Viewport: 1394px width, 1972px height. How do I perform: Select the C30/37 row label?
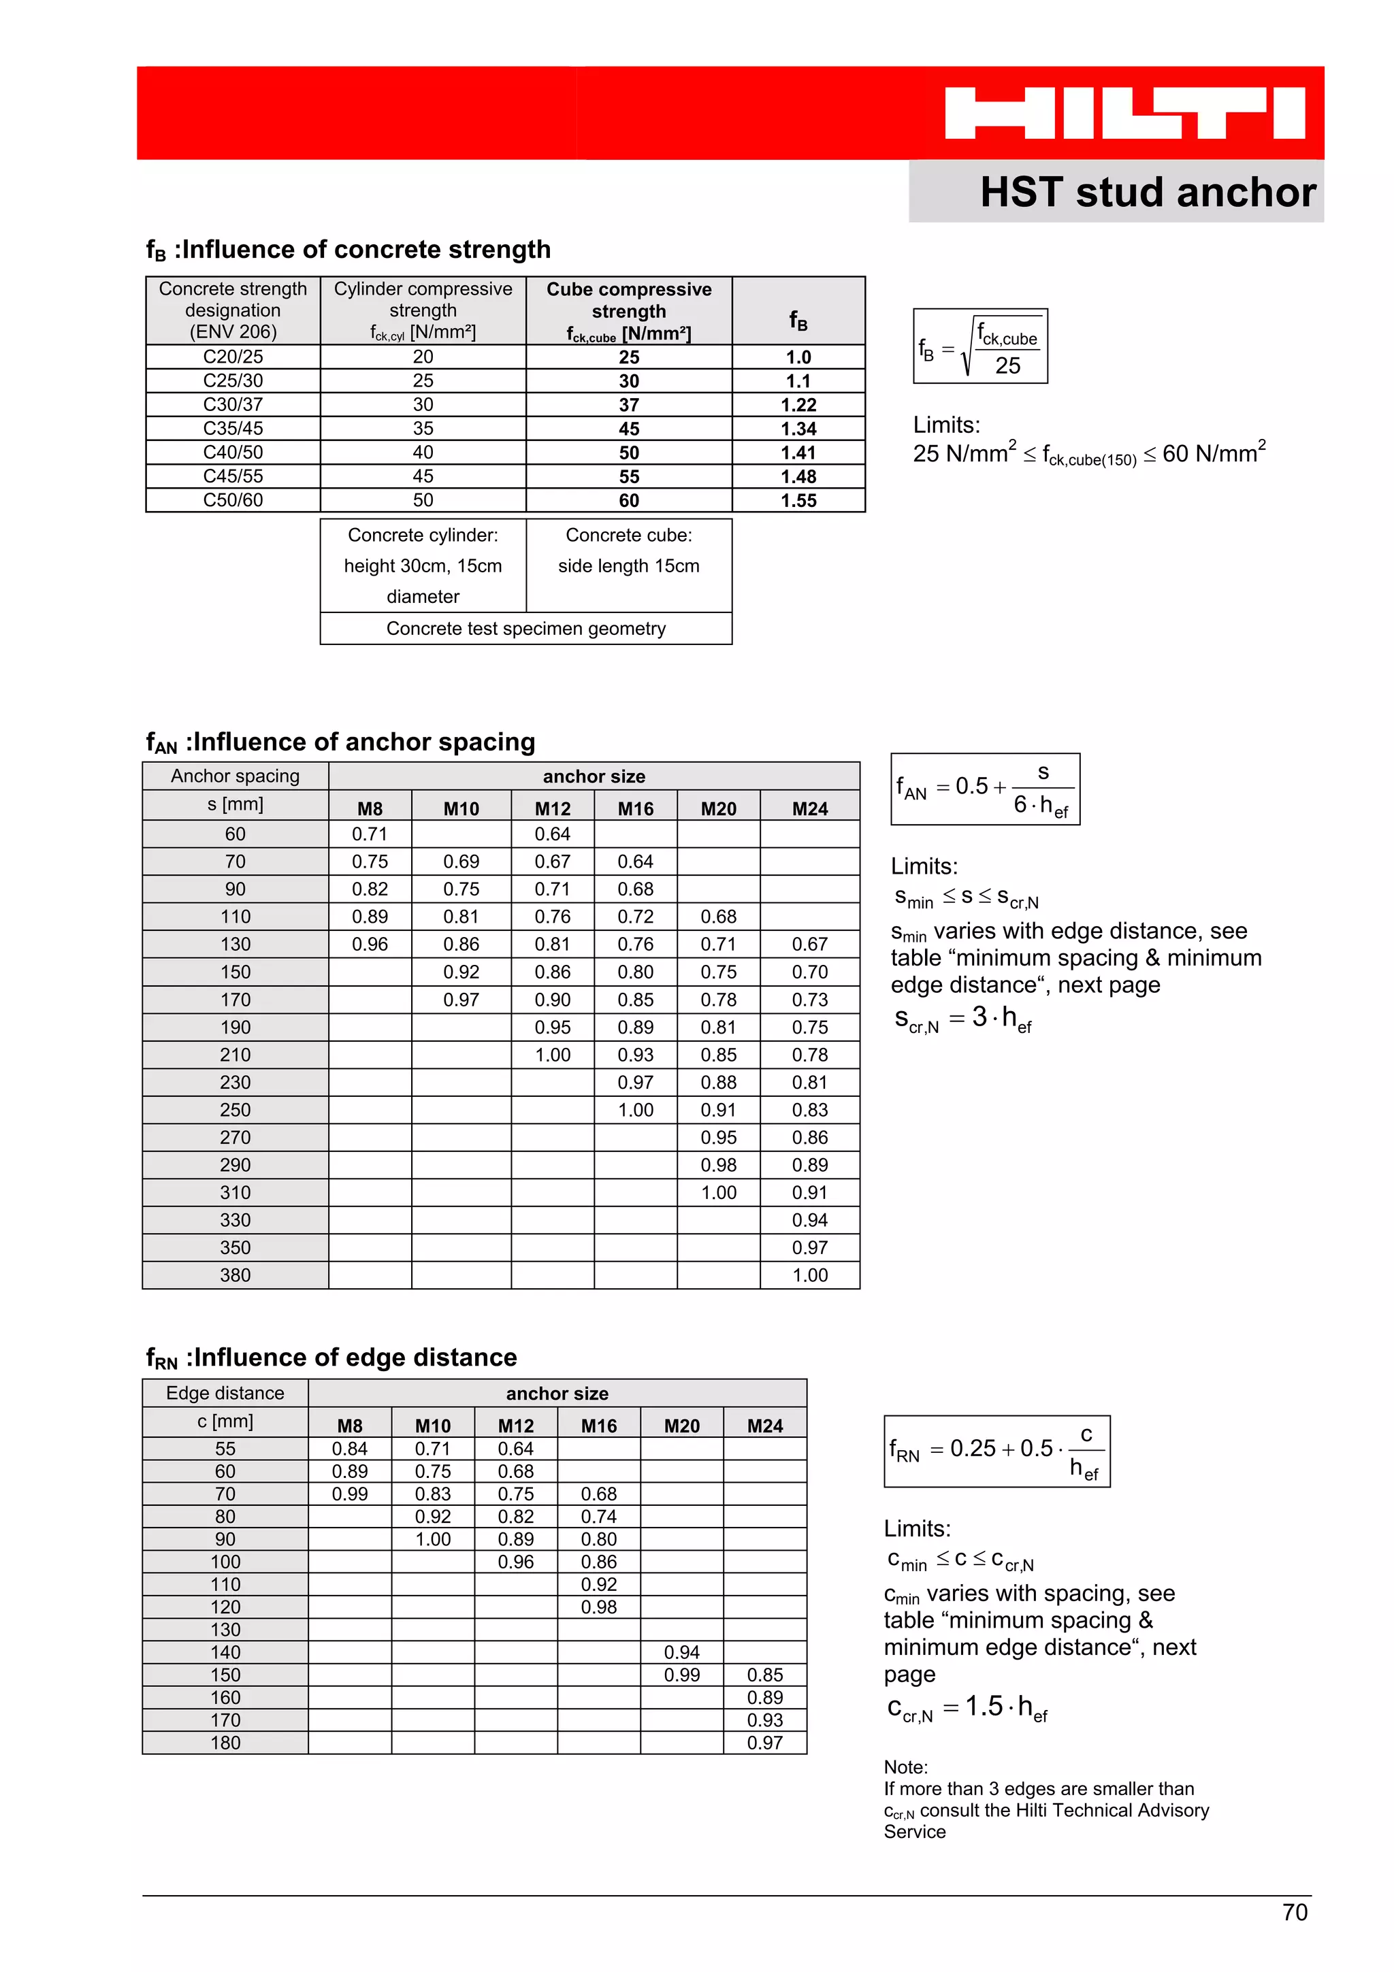coord(233,404)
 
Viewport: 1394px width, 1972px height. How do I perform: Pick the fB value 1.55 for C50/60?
coord(798,501)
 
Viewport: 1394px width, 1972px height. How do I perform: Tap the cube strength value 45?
coord(629,429)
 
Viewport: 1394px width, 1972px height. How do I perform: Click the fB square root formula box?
coord(980,346)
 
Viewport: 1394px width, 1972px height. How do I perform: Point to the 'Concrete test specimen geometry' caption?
coord(525,629)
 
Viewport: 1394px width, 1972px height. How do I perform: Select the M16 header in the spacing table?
coord(636,809)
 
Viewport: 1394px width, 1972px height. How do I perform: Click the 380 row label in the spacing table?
coord(236,1275)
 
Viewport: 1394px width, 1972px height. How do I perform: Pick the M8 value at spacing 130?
coord(370,944)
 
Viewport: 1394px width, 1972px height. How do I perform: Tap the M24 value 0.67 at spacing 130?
coord(809,944)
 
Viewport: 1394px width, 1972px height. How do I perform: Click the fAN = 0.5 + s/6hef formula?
coord(985,789)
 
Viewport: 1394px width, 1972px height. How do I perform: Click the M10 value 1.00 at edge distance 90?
coord(433,1540)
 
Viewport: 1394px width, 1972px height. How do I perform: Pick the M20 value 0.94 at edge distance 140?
coord(681,1652)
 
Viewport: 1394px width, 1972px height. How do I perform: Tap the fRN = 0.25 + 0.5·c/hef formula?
coord(996,1451)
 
